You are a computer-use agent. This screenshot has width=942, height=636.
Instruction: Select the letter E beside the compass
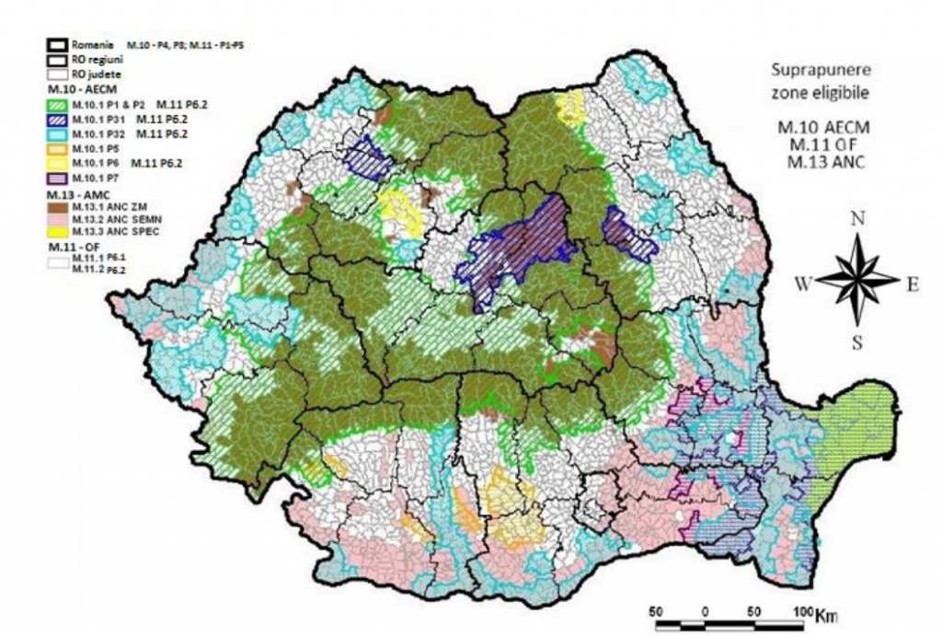(913, 284)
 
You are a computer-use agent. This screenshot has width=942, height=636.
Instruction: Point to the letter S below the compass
(856, 344)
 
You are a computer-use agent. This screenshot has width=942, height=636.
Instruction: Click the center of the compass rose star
(857, 280)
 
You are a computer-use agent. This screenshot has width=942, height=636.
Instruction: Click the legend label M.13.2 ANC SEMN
(106, 222)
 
